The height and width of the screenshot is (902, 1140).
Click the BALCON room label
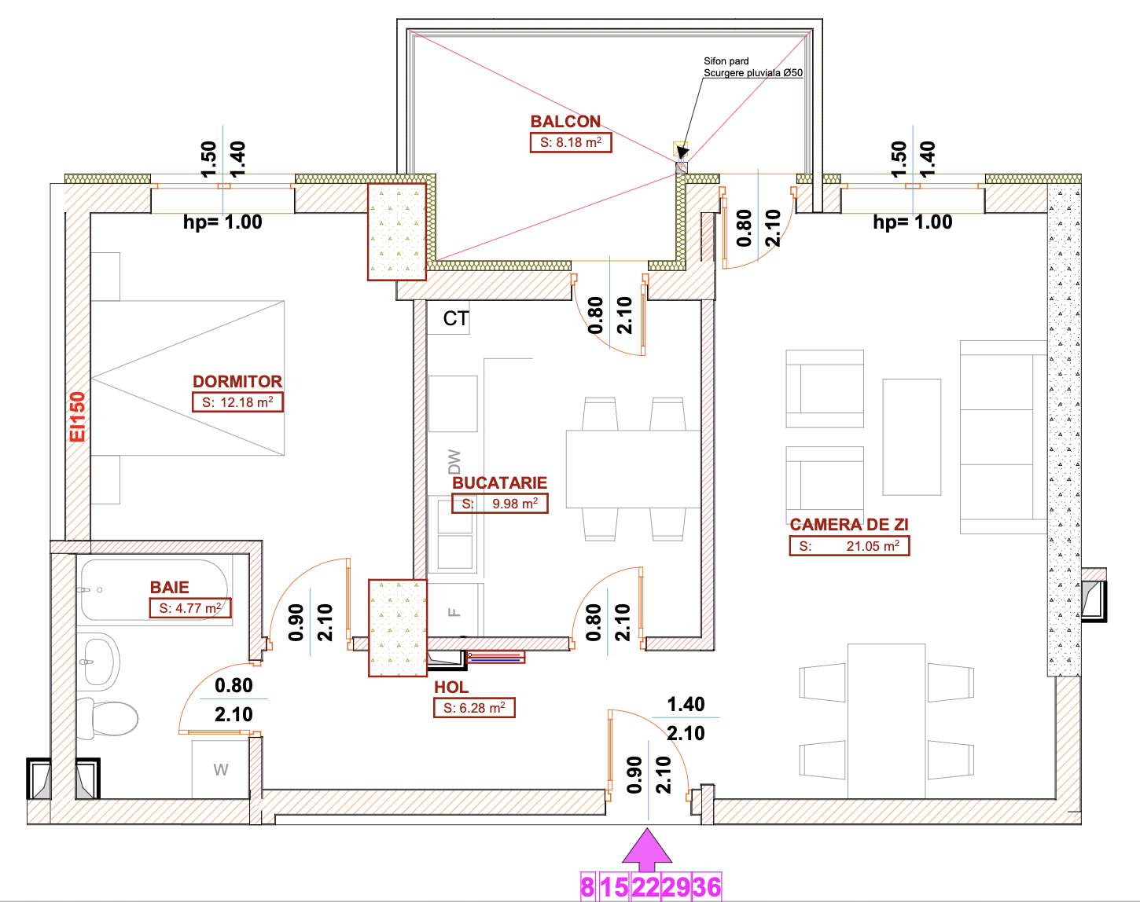565,121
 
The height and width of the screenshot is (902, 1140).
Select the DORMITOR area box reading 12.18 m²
237,401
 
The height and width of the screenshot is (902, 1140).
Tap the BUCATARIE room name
499,482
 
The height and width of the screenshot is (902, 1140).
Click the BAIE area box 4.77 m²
190,607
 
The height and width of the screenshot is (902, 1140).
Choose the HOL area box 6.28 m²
474,708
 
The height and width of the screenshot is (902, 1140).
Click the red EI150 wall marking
77,416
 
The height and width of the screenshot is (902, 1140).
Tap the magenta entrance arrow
647,849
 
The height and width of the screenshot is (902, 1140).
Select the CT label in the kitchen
455,319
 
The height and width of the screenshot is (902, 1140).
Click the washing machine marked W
220,769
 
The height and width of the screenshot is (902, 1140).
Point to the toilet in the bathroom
108,718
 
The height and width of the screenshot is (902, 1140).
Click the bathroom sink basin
98,661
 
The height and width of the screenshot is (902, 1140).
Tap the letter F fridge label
454,612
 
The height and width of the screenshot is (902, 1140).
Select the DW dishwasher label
454,461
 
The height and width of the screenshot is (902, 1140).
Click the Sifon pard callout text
726,60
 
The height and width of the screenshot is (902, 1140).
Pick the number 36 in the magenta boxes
706,887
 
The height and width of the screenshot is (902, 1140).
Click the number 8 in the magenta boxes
587,887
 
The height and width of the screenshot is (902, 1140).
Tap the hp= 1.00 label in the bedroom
222,222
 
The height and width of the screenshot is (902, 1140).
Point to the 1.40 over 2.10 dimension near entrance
686,718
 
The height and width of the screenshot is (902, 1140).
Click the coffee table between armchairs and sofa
912,437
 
